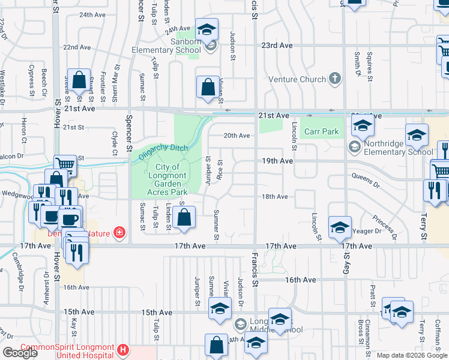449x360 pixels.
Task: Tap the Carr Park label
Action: click(321, 131)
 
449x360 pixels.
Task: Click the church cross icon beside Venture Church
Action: click(335, 79)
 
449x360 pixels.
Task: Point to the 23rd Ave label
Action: click(277, 46)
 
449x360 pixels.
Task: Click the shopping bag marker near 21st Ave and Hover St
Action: click(78, 79)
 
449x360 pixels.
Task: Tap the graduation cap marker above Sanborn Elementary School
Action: click(206, 29)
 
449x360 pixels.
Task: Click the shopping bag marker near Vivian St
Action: click(207, 87)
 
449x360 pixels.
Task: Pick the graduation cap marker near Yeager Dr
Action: click(340, 227)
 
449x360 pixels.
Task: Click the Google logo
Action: click(20, 353)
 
